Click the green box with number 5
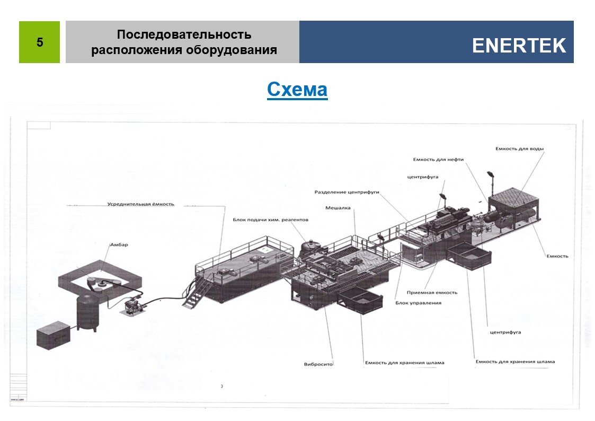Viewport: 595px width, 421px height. (39, 42)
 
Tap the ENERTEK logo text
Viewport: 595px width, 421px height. (519, 46)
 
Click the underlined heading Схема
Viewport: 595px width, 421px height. (297, 90)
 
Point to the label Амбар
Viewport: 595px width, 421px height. (119, 245)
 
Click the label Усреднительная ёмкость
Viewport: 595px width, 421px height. (140, 204)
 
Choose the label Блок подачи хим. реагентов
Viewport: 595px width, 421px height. (270, 220)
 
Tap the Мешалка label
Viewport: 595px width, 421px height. (338, 208)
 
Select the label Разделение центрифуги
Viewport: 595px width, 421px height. (347, 192)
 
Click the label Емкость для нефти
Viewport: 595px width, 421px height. (438, 159)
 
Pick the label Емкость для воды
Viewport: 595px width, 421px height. (519, 149)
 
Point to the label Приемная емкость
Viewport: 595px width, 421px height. (432, 293)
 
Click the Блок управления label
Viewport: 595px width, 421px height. (418, 303)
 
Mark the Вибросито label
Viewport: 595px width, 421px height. (318, 364)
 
